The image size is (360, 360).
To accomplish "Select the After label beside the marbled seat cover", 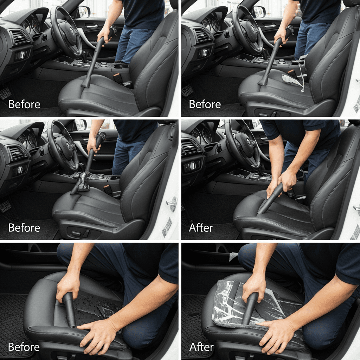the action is tap(201, 347).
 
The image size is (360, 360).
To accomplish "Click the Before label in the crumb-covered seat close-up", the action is tap(24, 347).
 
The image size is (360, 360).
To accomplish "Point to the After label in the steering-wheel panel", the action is tap(201, 228).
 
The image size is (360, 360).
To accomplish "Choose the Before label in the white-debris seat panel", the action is tap(205, 104).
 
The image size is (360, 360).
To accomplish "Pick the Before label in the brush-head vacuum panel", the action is tap(24, 228).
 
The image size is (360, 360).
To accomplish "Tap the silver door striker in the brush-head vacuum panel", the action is tap(172, 204).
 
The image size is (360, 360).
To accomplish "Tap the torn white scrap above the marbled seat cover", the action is tap(233, 256).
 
